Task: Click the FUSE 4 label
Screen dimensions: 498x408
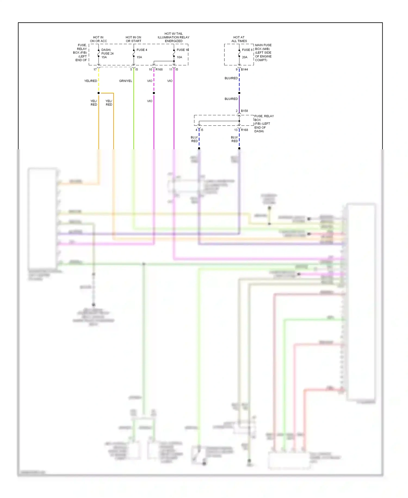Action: pyautogui.click(x=142, y=50)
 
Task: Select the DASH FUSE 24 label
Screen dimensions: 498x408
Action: pyautogui.click(x=107, y=52)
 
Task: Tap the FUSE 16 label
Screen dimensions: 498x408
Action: pyautogui.click(x=183, y=50)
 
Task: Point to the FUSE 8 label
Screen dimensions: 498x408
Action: pyautogui.click(x=247, y=50)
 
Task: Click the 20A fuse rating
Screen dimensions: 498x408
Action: pyautogui.click(x=245, y=57)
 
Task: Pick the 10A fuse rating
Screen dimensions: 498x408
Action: pyautogui.click(x=179, y=57)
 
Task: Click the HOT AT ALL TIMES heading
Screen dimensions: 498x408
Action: pyautogui.click(x=239, y=39)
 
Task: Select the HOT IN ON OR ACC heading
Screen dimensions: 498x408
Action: pyautogui.click(x=98, y=39)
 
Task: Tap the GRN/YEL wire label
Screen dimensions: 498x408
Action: pyautogui.click(x=125, y=81)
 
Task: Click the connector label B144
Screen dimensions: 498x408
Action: pyautogui.click(x=244, y=69)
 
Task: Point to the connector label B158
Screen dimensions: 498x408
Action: pyautogui.click(x=244, y=111)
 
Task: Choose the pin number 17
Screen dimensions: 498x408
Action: pyautogui.click(x=95, y=69)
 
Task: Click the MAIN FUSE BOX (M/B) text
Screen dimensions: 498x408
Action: pyautogui.click(x=263, y=47)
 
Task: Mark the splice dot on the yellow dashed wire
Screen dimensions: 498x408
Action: pyautogui.click(x=98, y=93)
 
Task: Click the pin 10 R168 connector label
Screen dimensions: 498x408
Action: pyautogui.click(x=159, y=69)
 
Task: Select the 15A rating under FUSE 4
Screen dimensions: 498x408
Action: pyautogui.click(x=139, y=57)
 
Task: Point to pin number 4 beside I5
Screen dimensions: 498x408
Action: pyautogui.click(x=196, y=130)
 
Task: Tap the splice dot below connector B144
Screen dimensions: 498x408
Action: pyautogui.click(x=239, y=93)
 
